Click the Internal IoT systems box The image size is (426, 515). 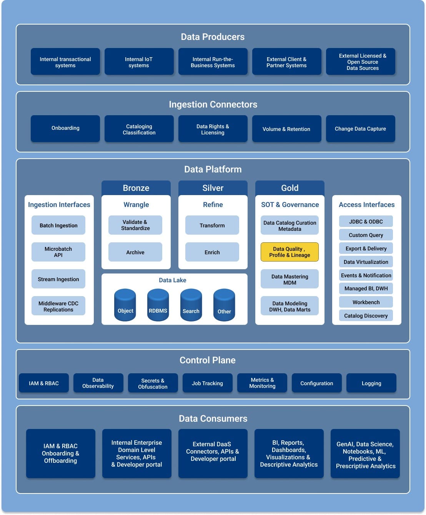coord(139,62)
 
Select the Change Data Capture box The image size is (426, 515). coord(360,129)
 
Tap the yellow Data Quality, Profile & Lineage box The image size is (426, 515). coord(290,252)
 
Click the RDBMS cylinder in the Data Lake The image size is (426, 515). coord(158,305)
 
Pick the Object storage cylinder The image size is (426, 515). coord(125,305)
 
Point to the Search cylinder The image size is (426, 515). coord(191,305)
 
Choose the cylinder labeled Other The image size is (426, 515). coord(224,305)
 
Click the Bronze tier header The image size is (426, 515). coord(136,188)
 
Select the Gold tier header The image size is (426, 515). coord(290,188)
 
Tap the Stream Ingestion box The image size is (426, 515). coord(58,279)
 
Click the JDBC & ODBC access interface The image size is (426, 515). coord(366,222)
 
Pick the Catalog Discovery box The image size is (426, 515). coord(366,316)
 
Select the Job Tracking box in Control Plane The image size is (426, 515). coord(207,383)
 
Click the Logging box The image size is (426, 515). coord(371,383)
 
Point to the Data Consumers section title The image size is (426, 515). coord(213,419)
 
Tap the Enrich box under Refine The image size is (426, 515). coord(212,252)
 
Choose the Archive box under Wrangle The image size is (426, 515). coord(135,252)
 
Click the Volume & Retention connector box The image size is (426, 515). coord(286,129)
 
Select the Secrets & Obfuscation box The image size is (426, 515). coord(153,383)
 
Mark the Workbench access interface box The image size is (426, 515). coord(366,302)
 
